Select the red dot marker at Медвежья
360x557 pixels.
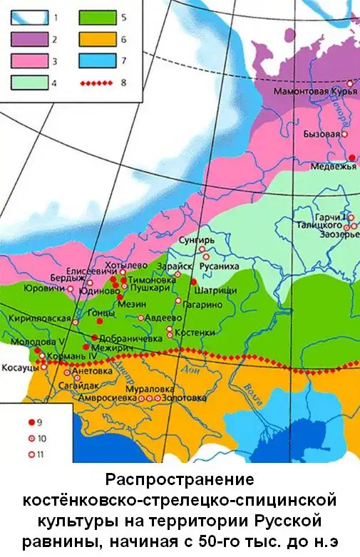click(351, 157)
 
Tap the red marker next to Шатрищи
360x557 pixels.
click(193, 282)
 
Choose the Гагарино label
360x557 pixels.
click(203, 304)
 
